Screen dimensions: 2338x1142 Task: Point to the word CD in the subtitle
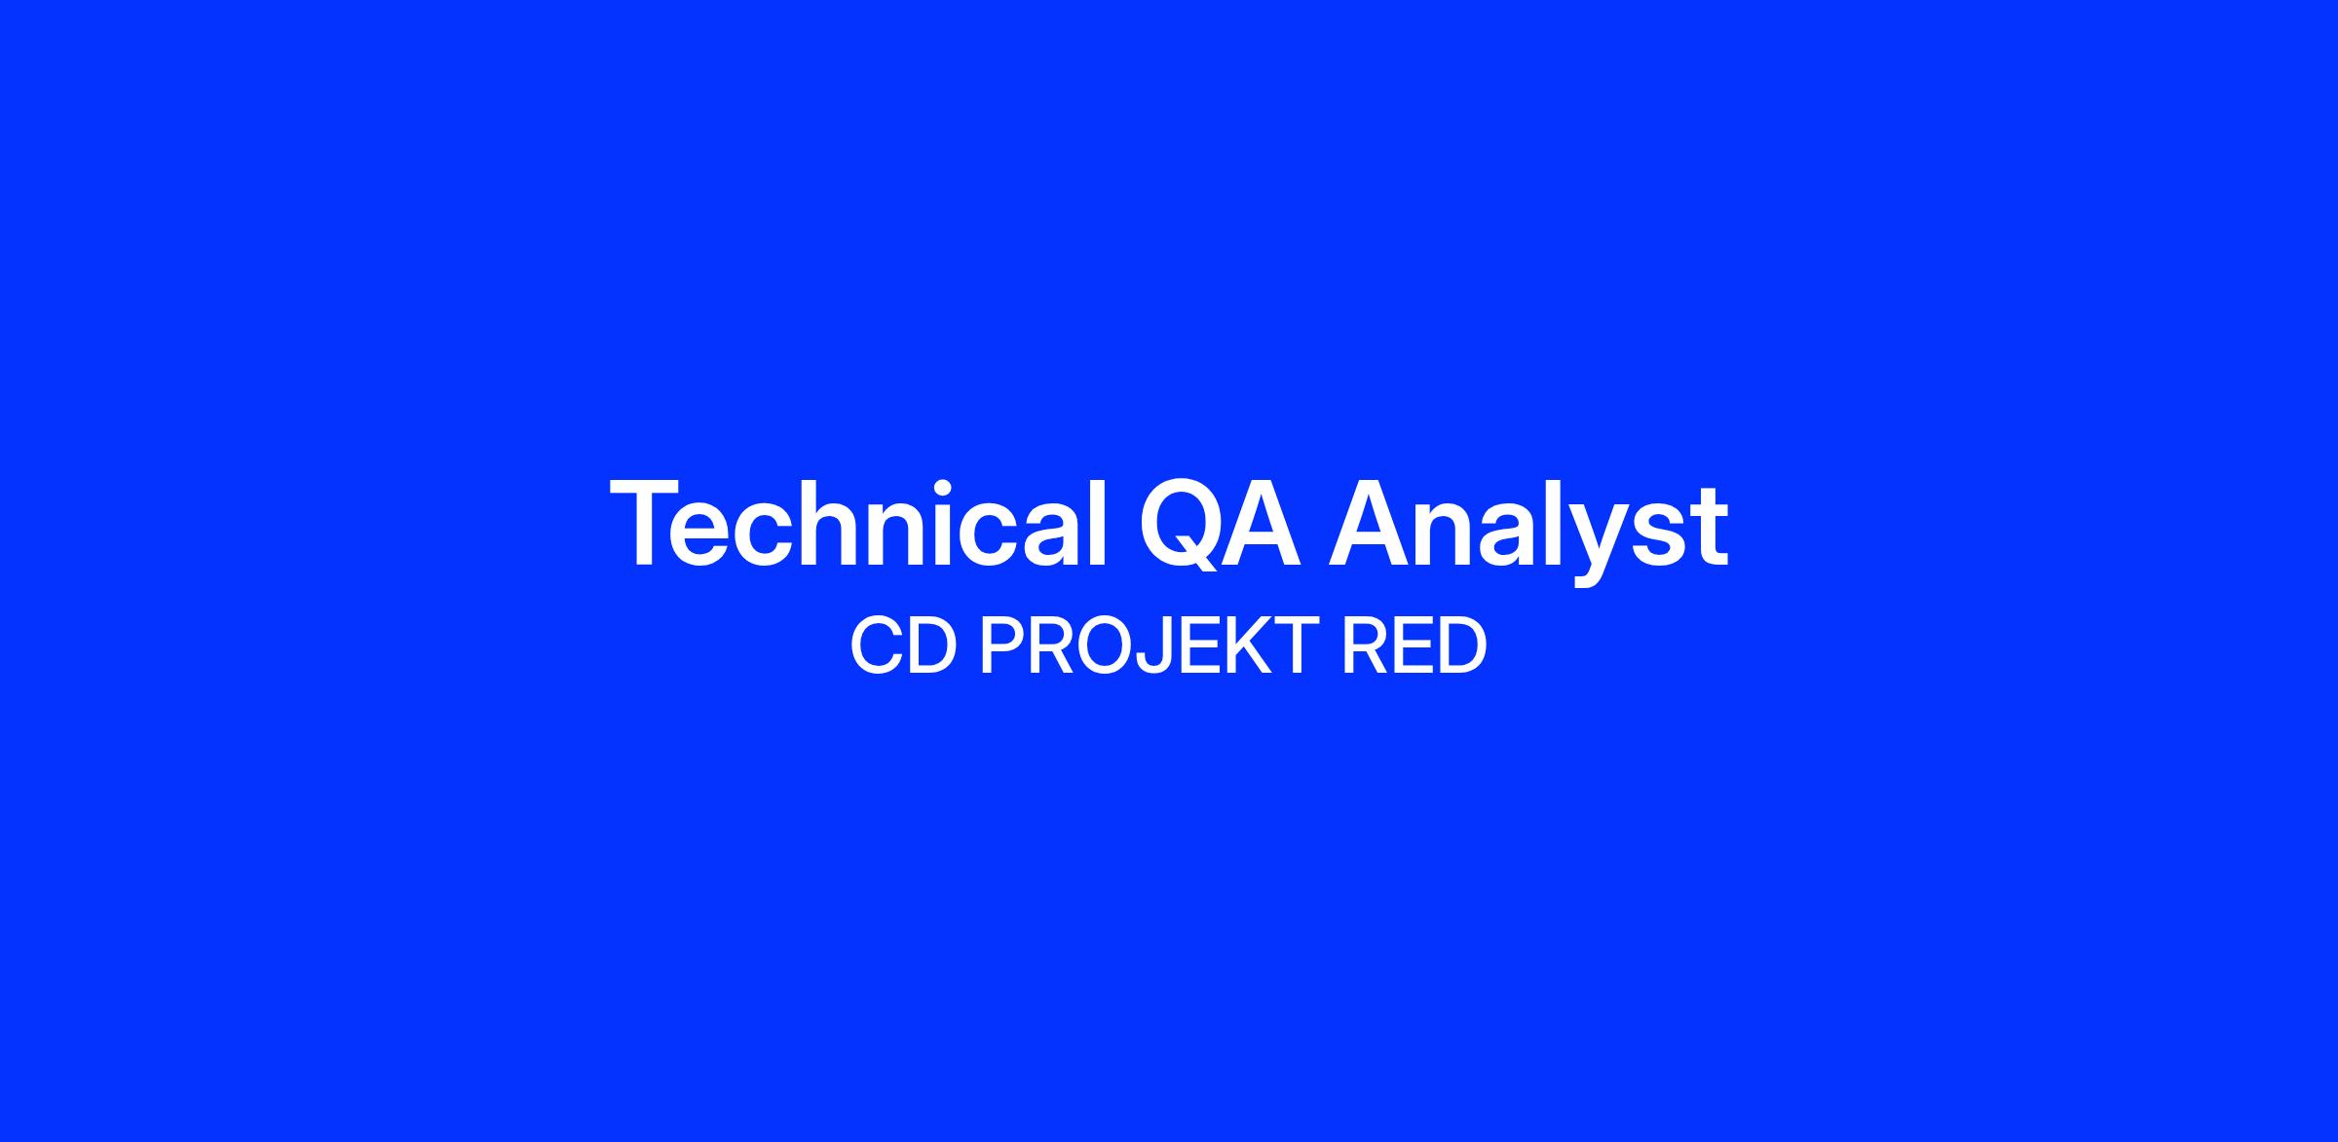901,646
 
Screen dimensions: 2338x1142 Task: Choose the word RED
1414,646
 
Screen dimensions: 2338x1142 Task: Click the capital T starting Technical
648,523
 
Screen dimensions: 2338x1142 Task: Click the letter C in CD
875,646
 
